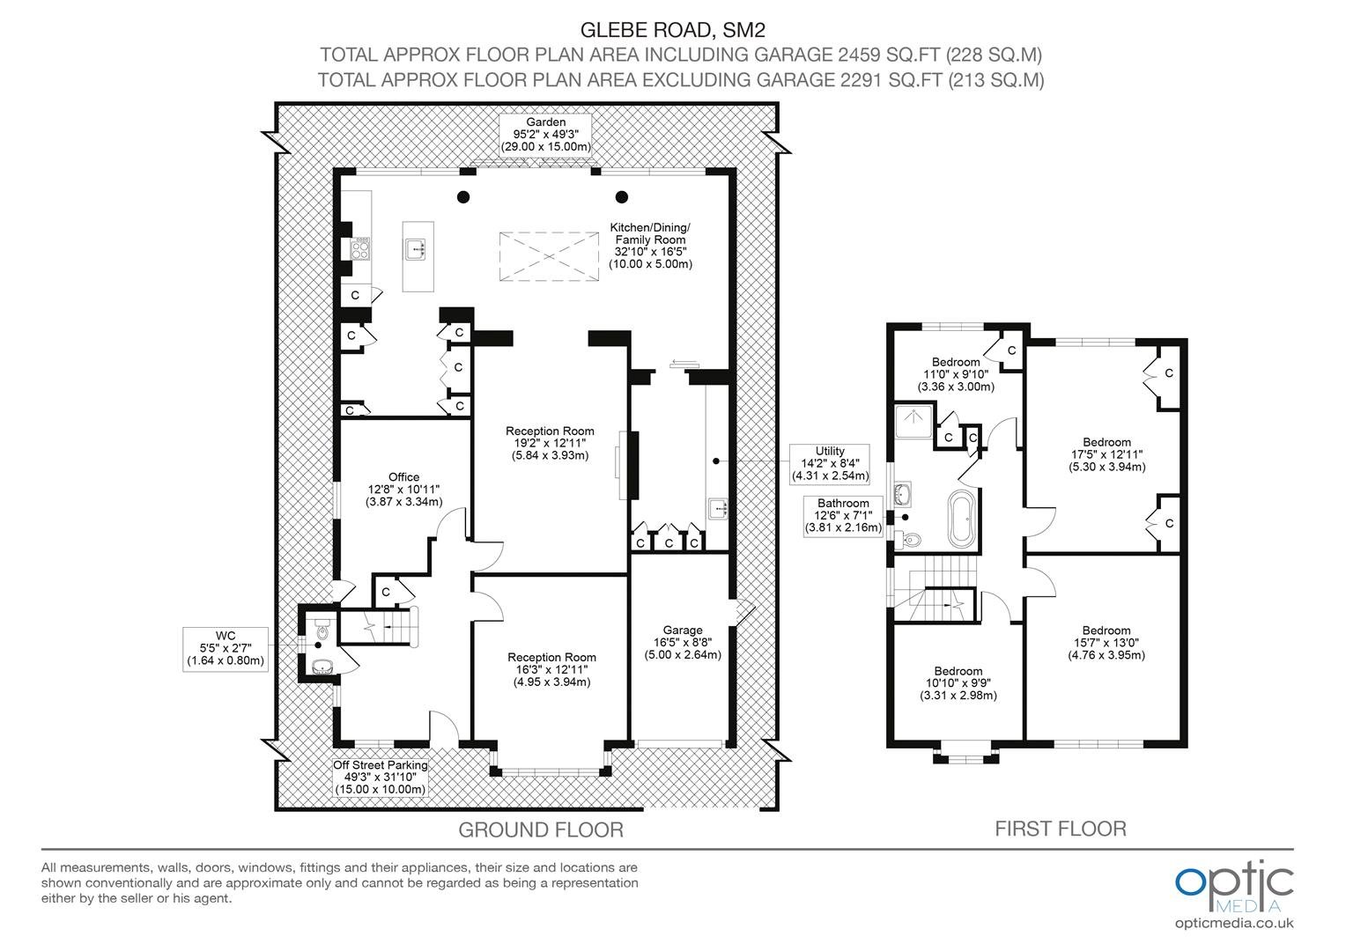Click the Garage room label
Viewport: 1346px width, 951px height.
point(683,642)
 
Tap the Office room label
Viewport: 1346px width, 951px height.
point(403,489)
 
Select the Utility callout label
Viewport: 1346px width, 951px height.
point(830,464)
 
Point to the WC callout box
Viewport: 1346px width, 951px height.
point(226,649)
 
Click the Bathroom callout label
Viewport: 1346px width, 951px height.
point(843,515)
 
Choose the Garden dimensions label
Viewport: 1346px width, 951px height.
point(545,135)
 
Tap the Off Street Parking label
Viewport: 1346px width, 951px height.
point(381,777)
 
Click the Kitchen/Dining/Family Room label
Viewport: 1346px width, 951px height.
point(650,246)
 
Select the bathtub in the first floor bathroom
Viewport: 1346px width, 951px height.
point(961,520)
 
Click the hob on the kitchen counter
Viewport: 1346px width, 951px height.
point(360,248)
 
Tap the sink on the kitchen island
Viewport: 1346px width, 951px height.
point(415,248)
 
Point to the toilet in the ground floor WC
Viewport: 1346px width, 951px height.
point(322,630)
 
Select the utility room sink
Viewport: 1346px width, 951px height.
point(718,508)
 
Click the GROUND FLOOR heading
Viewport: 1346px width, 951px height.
point(541,829)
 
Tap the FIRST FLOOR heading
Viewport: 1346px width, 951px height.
point(1061,829)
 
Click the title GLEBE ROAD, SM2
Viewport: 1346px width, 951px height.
point(673,30)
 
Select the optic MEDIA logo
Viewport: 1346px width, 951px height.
point(1234,887)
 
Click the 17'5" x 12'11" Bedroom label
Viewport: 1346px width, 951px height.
point(1107,454)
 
